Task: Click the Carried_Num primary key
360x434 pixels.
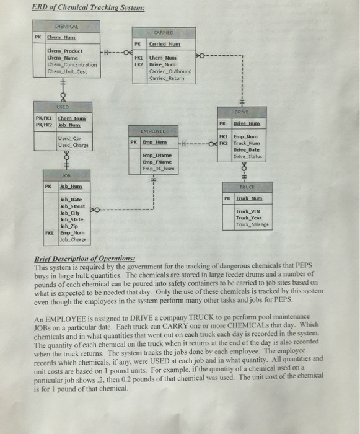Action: point(164,44)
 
